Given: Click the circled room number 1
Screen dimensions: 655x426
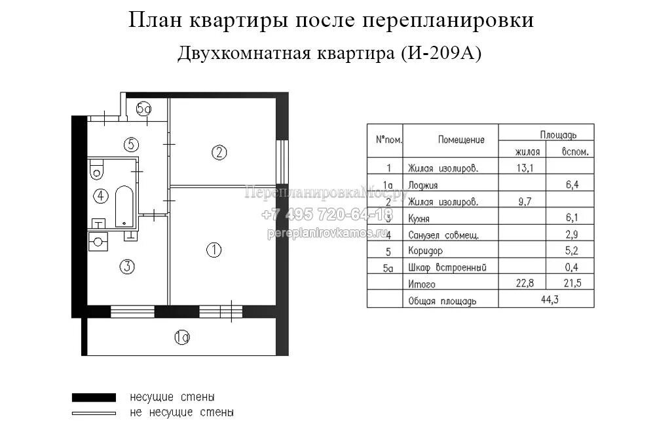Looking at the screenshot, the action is pos(214,250).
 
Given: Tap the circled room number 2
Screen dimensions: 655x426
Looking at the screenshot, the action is pos(219,153).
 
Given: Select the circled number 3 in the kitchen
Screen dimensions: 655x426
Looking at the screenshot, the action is pos(127,266).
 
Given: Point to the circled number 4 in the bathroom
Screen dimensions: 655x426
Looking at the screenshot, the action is pos(100,195).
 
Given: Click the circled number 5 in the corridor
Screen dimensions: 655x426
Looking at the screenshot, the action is pos(131,144).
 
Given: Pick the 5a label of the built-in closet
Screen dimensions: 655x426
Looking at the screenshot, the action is pos(144,109).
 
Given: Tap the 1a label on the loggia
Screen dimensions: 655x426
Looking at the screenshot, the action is pos(182,338).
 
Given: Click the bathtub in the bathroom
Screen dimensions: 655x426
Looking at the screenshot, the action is pos(124,206).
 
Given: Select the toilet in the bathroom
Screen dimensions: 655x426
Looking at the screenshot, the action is pos(97,170).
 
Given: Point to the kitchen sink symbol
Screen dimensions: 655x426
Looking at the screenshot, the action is pos(98,242).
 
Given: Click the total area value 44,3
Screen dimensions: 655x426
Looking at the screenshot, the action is pos(546,300).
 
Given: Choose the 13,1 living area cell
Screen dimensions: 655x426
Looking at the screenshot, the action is pos(525,168).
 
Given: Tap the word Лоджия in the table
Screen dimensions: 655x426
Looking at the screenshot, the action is pos(422,185).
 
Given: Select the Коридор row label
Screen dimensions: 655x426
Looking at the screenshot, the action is pos(425,251).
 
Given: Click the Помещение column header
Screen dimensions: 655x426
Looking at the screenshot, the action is pos(462,140).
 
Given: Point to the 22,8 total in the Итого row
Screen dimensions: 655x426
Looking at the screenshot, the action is pos(525,284).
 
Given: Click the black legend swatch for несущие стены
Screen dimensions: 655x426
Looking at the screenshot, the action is pos(94,397).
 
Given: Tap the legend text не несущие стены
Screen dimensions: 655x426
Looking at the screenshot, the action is pos(182,413).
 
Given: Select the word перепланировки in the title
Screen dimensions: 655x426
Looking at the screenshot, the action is pos(448,21).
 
